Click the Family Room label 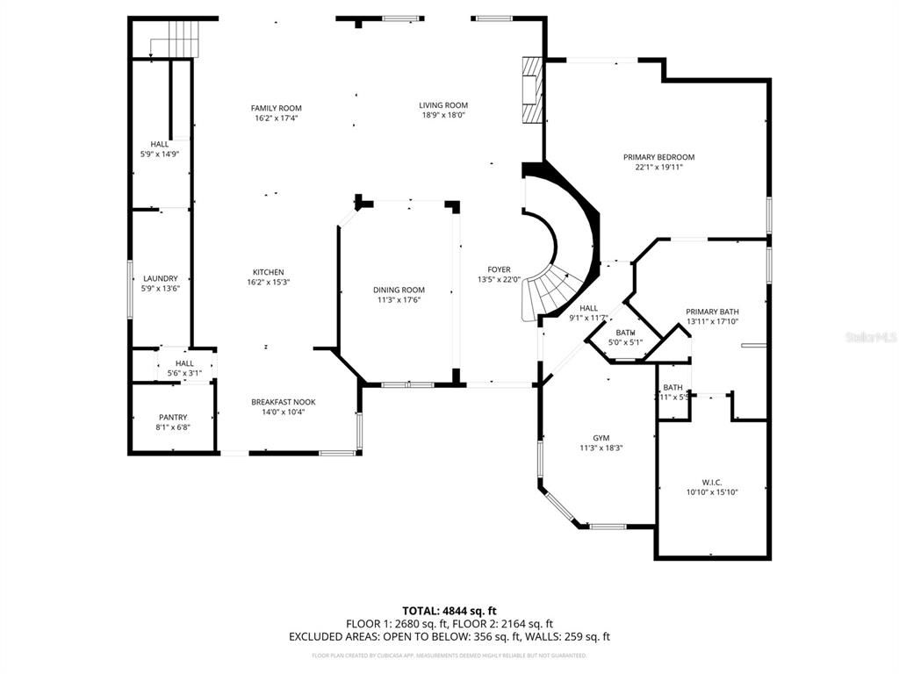pos(277,108)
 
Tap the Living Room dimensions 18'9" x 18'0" pos(443,115)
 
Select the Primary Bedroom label pos(658,157)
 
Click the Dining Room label pos(399,290)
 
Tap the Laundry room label pos(160,278)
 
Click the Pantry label pos(173,417)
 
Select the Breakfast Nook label pos(283,402)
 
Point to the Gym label pos(601,437)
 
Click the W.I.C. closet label pos(711,482)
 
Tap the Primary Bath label pos(712,312)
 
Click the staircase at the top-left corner pos(182,39)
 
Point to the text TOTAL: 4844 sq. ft pos(449,610)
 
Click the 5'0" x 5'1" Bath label pos(625,333)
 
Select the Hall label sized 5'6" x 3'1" pos(184,363)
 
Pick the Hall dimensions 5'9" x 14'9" pos(160,154)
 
